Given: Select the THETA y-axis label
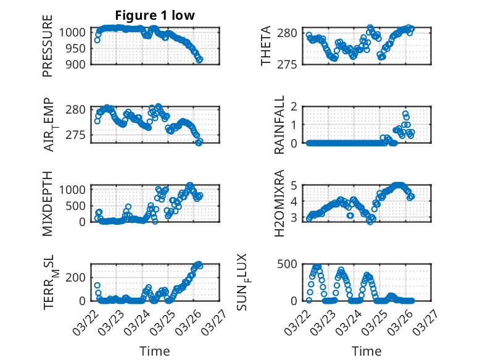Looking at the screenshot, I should (x=266, y=46).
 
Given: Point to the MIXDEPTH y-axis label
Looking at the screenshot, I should (x=48, y=203).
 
